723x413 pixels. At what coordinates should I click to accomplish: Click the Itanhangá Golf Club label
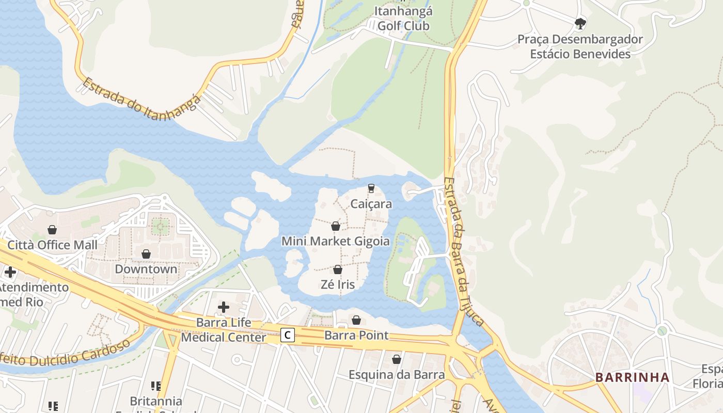[403, 18]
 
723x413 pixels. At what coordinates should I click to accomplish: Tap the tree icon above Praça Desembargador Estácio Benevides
[580, 23]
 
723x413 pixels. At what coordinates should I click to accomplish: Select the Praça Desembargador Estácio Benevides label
[580, 46]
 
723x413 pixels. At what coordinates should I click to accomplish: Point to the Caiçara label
[371, 204]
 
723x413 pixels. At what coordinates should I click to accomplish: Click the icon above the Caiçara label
[371, 188]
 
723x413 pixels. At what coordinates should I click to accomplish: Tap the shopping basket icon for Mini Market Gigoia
[336, 226]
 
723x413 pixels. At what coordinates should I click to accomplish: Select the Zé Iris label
[337, 284]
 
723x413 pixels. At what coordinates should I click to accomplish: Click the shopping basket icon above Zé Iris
[338, 269]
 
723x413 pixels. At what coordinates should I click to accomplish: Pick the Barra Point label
[356, 335]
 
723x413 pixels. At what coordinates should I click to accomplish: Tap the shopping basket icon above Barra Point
[356, 320]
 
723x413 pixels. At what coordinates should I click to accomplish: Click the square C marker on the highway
[288, 335]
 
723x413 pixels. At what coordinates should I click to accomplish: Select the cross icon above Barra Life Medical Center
[224, 307]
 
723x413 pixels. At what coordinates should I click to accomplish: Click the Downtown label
[146, 269]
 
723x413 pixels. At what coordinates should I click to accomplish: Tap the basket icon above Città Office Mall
[52, 230]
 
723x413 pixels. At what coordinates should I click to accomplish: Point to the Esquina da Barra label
[397, 374]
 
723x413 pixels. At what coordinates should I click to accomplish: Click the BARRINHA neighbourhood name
[632, 377]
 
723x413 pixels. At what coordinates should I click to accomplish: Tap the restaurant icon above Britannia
[156, 386]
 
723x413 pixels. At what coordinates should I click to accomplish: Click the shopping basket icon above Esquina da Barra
[397, 359]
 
